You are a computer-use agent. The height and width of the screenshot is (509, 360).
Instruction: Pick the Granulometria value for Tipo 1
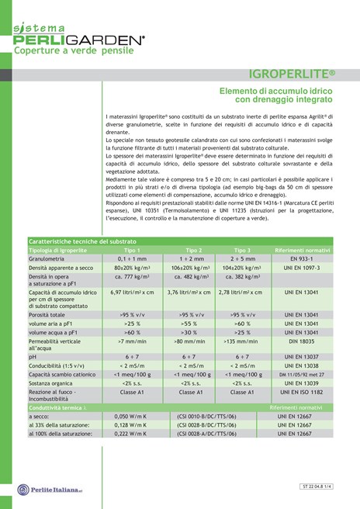[x=132, y=258]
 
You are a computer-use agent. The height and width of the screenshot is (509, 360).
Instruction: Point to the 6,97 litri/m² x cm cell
[x=132, y=293]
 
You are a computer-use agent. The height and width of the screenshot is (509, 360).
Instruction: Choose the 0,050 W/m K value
[x=132, y=417]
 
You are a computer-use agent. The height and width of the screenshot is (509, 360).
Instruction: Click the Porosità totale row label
[x=51, y=315]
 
